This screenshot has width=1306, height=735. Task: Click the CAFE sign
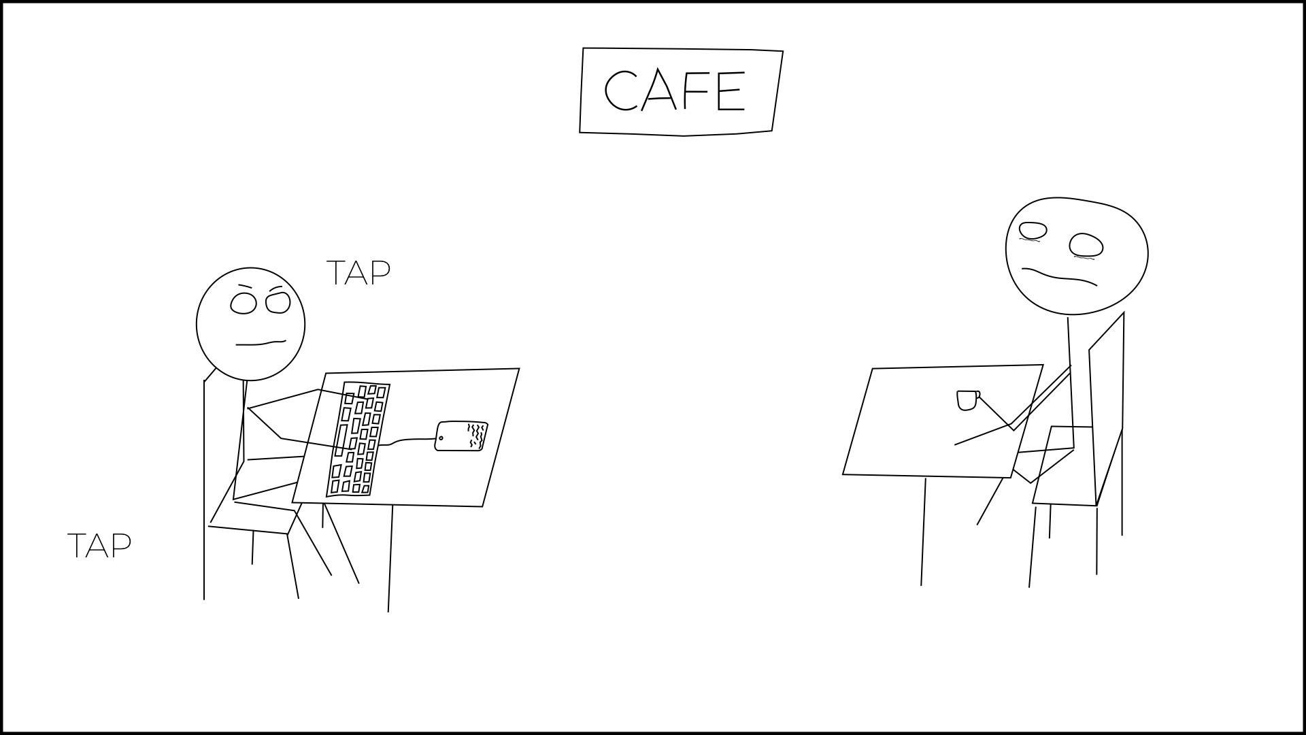(681, 91)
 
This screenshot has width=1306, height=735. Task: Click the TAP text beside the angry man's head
(358, 272)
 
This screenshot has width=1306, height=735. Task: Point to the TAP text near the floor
(99, 546)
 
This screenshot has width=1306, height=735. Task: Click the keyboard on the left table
(358, 439)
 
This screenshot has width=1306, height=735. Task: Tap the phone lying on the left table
(461, 436)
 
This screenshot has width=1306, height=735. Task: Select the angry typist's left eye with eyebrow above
(243, 299)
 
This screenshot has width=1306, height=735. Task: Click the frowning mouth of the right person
(1060, 276)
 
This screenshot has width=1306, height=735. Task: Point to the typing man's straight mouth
(261, 342)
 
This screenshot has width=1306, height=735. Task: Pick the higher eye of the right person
(1032, 231)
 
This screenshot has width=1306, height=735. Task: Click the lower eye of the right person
(1086, 246)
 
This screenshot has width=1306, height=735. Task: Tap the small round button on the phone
(441, 438)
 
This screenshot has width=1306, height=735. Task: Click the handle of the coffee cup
(978, 395)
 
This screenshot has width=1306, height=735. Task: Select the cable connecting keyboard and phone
(407, 440)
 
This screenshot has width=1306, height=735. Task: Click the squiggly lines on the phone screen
(476, 436)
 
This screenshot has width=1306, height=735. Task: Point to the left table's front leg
(390, 559)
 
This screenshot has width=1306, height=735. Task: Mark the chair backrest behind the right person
(1106, 408)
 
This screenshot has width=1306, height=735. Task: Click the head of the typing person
(250, 324)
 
